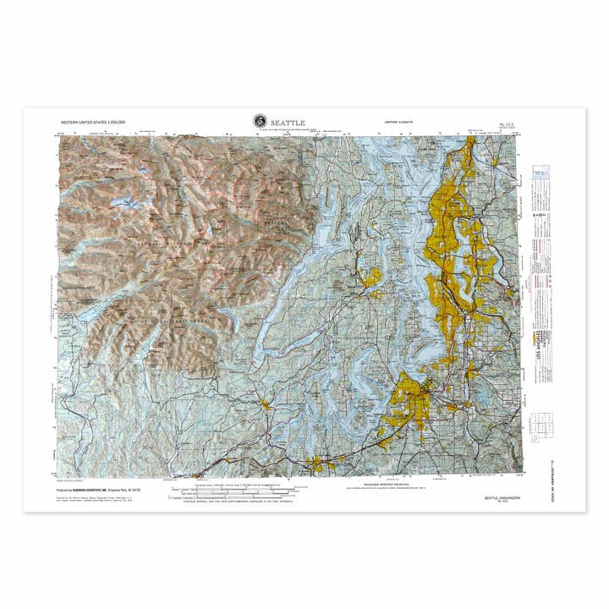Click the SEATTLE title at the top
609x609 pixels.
(x=288, y=123)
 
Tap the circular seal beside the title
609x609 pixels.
(x=260, y=122)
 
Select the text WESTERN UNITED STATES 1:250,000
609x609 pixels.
(x=93, y=123)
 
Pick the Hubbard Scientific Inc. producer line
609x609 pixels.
(x=93, y=490)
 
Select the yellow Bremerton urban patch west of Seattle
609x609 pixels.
(x=370, y=275)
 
